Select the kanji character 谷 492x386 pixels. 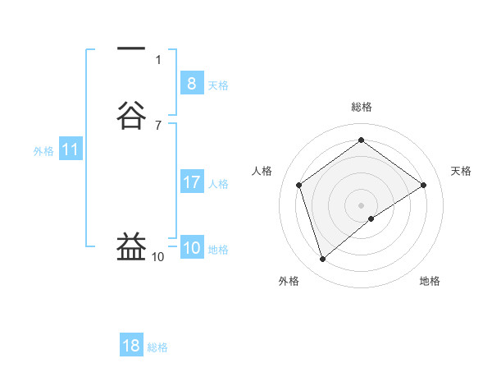[x=131, y=116]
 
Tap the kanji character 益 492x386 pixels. [x=131, y=247]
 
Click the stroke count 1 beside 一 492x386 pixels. [x=158, y=59]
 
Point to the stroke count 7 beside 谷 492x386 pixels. [x=158, y=125]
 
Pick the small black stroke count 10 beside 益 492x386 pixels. [x=157, y=256]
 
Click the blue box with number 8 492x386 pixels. [x=191, y=83]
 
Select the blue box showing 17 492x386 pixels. [x=191, y=182]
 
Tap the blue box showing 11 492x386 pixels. [x=71, y=149]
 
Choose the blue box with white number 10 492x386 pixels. [x=191, y=248]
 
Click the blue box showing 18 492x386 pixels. [x=131, y=346]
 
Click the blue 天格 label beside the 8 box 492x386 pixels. [x=218, y=85]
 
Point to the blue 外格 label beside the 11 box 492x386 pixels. [x=43, y=151]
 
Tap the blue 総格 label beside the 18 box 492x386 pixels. [x=157, y=347]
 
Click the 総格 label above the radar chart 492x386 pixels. [x=361, y=107]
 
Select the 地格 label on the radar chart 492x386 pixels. [x=430, y=281]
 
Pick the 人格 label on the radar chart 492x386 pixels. [x=262, y=171]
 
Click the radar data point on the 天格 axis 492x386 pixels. [x=423, y=185]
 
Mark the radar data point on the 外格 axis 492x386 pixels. [x=322, y=260]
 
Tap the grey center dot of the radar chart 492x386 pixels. [x=361, y=204]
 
